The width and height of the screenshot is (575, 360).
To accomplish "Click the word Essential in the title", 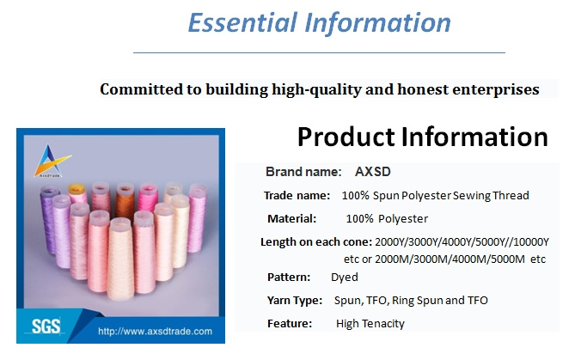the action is pyautogui.click(x=242, y=22).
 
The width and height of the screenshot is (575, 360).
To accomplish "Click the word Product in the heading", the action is pyautogui.click(x=346, y=137).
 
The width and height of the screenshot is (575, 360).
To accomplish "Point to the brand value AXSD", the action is pyautogui.click(x=372, y=172).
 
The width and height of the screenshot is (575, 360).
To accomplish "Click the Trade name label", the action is pyautogui.click(x=297, y=195).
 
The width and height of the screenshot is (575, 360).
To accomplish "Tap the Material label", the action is pyautogui.click(x=292, y=219).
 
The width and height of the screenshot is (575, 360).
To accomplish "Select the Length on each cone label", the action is pyautogui.click(x=316, y=242).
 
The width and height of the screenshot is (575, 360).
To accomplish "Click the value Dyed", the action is pyautogui.click(x=345, y=278).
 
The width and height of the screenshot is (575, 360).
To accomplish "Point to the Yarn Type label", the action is pyautogui.click(x=295, y=301).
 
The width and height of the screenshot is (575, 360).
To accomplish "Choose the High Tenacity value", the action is pyautogui.click(x=370, y=324).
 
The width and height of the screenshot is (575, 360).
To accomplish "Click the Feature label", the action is pyautogui.click(x=290, y=324).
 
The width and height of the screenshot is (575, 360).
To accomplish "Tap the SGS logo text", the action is pyautogui.click(x=46, y=326).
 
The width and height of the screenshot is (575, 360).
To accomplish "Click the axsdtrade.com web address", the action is pyautogui.click(x=155, y=332).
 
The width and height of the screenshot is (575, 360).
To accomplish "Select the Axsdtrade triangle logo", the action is pyautogui.click(x=52, y=161).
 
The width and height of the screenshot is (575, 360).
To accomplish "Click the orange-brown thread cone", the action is pyautogui.click(x=125, y=202).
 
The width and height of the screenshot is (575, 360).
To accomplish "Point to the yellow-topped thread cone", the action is pyautogui.click(x=77, y=193).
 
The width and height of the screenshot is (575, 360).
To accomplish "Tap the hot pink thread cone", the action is pyautogui.click(x=148, y=198).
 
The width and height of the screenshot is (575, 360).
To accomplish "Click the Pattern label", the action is pyautogui.click(x=289, y=278).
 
